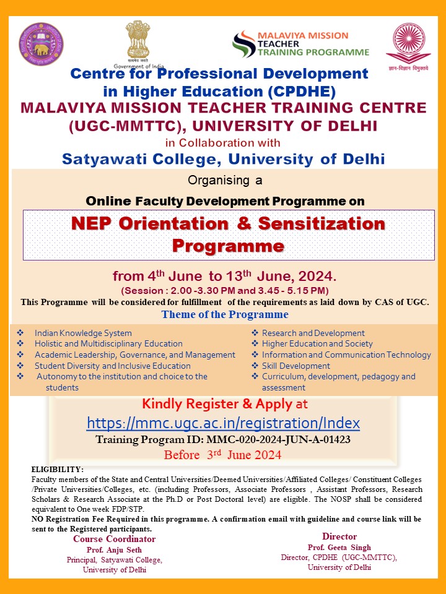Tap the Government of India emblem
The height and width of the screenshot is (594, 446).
pyautogui.click(x=138, y=41)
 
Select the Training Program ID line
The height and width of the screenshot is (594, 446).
pyautogui.click(x=223, y=440)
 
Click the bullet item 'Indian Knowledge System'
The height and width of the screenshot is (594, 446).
pyautogui.click(x=83, y=333)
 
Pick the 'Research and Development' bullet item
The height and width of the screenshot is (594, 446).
pyautogui.click(x=313, y=333)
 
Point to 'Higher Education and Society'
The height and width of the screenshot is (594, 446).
pyautogui.click(x=317, y=343)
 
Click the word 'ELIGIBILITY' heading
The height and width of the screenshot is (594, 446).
pyautogui.click(x=57, y=470)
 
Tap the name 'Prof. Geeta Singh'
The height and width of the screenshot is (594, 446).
pyautogui.click(x=339, y=548)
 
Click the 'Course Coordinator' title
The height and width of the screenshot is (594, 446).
pyautogui.click(x=115, y=539)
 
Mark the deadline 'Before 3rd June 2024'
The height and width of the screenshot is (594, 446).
pyautogui.click(x=222, y=455)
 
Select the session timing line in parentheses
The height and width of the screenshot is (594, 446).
pyautogui.click(x=225, y=290)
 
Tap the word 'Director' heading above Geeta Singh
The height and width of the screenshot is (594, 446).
pyautogui.click(x=339, y=536)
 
